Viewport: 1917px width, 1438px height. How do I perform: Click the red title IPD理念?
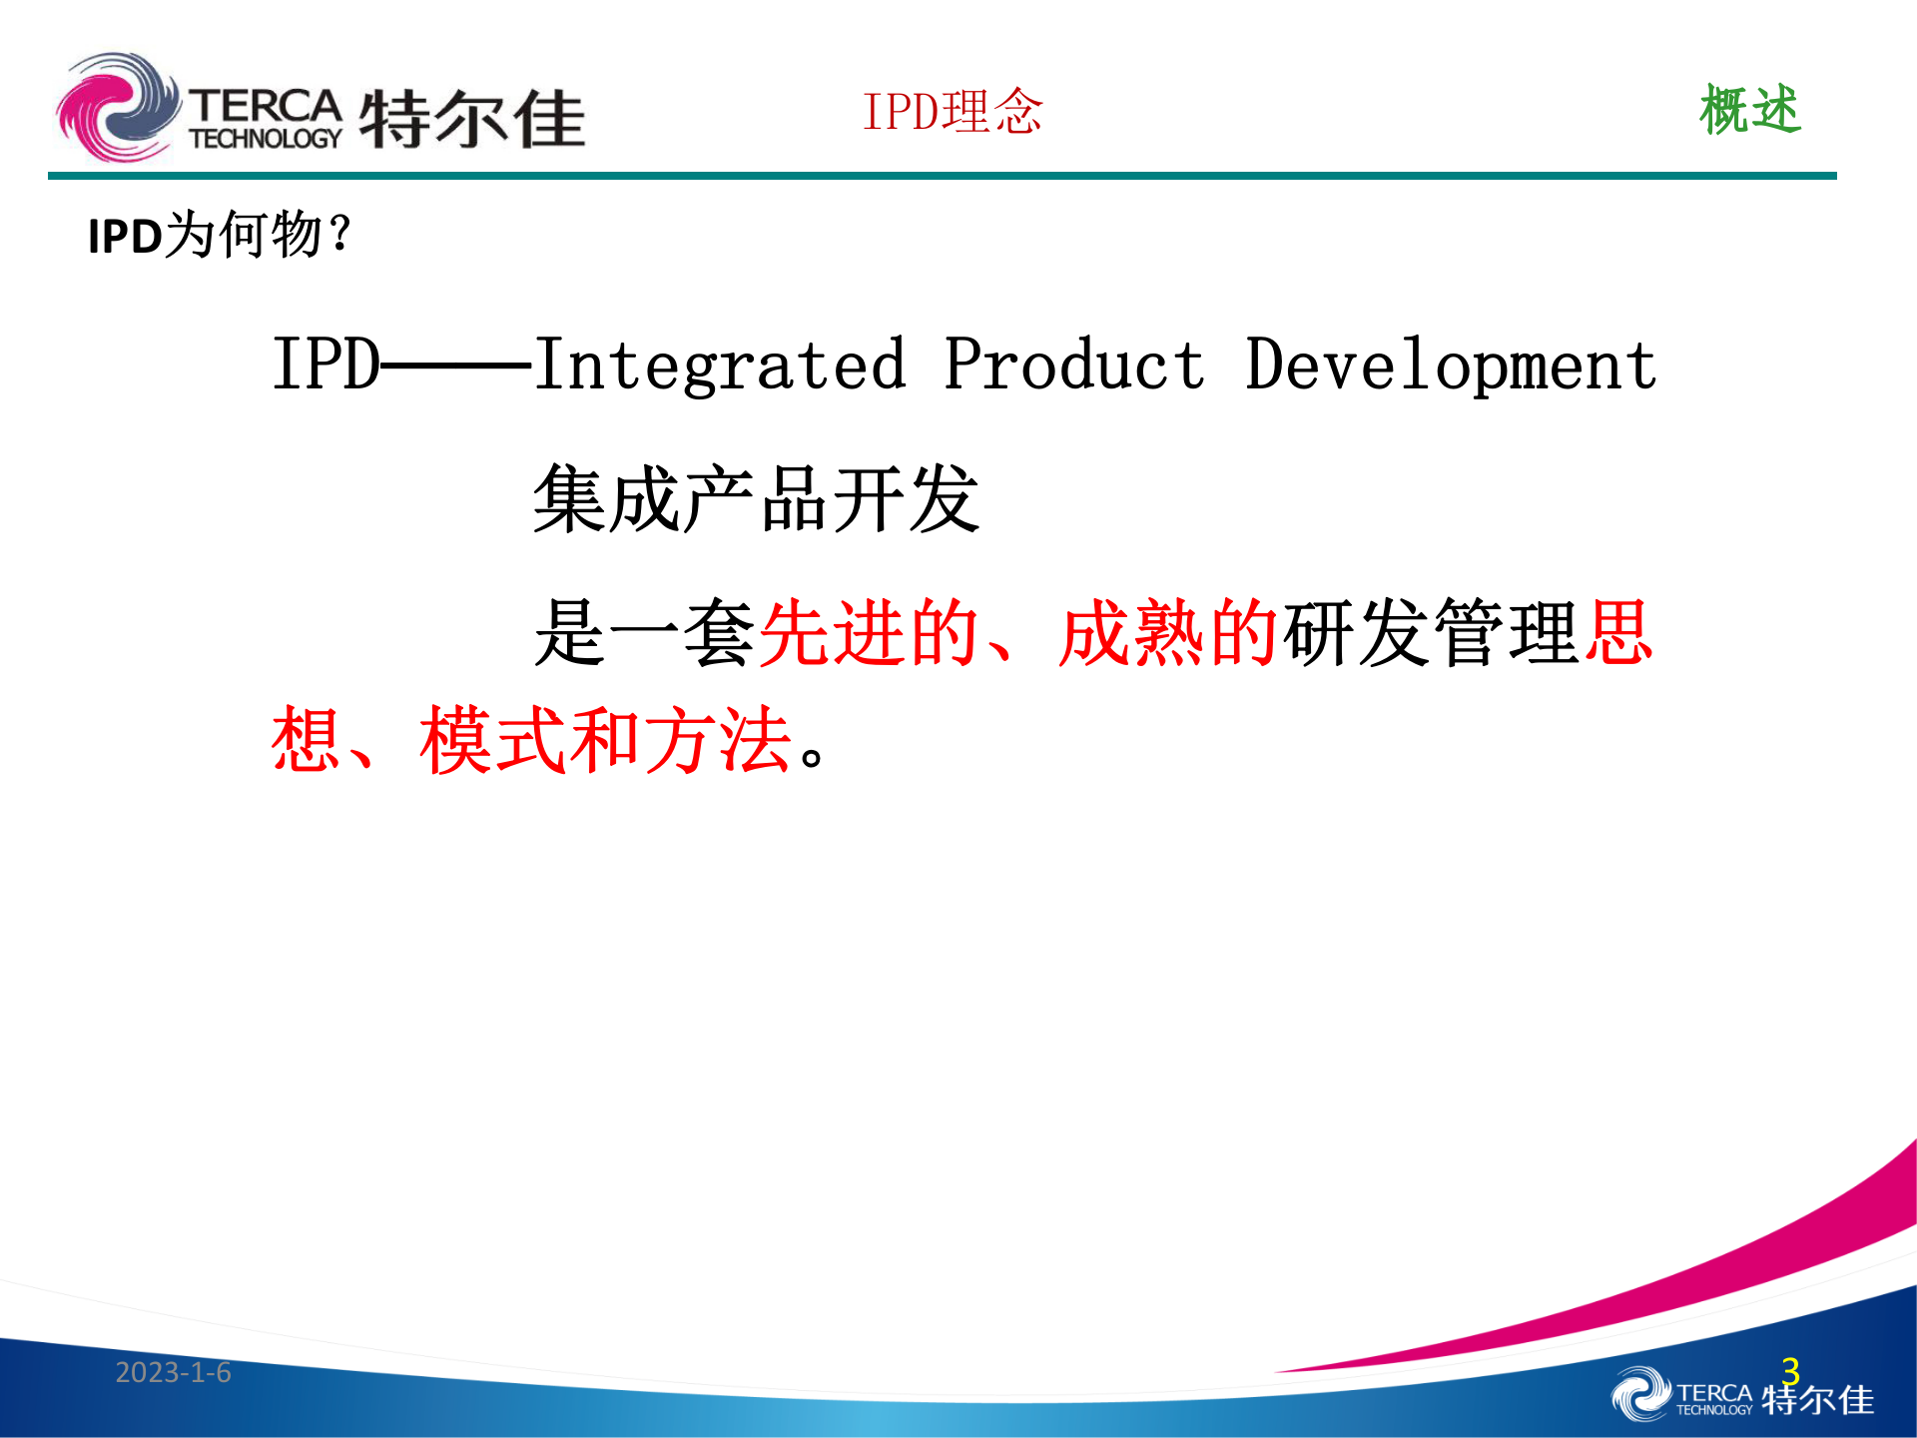953,111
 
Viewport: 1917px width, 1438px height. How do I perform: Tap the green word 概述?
1749,110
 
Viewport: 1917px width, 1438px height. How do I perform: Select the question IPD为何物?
220,236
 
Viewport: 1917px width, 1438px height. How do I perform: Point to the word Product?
1074,364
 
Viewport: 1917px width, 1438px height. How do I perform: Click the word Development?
1451,366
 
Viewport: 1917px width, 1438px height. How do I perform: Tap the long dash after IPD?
456,365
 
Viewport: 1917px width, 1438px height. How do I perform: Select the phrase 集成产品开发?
757,498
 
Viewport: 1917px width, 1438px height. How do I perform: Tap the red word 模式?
494,740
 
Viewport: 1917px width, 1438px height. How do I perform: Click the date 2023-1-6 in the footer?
173,1372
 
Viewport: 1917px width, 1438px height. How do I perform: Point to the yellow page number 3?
1790,1370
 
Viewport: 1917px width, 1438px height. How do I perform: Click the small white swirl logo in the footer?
1639,1395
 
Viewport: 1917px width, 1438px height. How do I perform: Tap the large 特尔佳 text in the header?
471,119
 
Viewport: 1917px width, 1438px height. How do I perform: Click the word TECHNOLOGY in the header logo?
266,139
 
